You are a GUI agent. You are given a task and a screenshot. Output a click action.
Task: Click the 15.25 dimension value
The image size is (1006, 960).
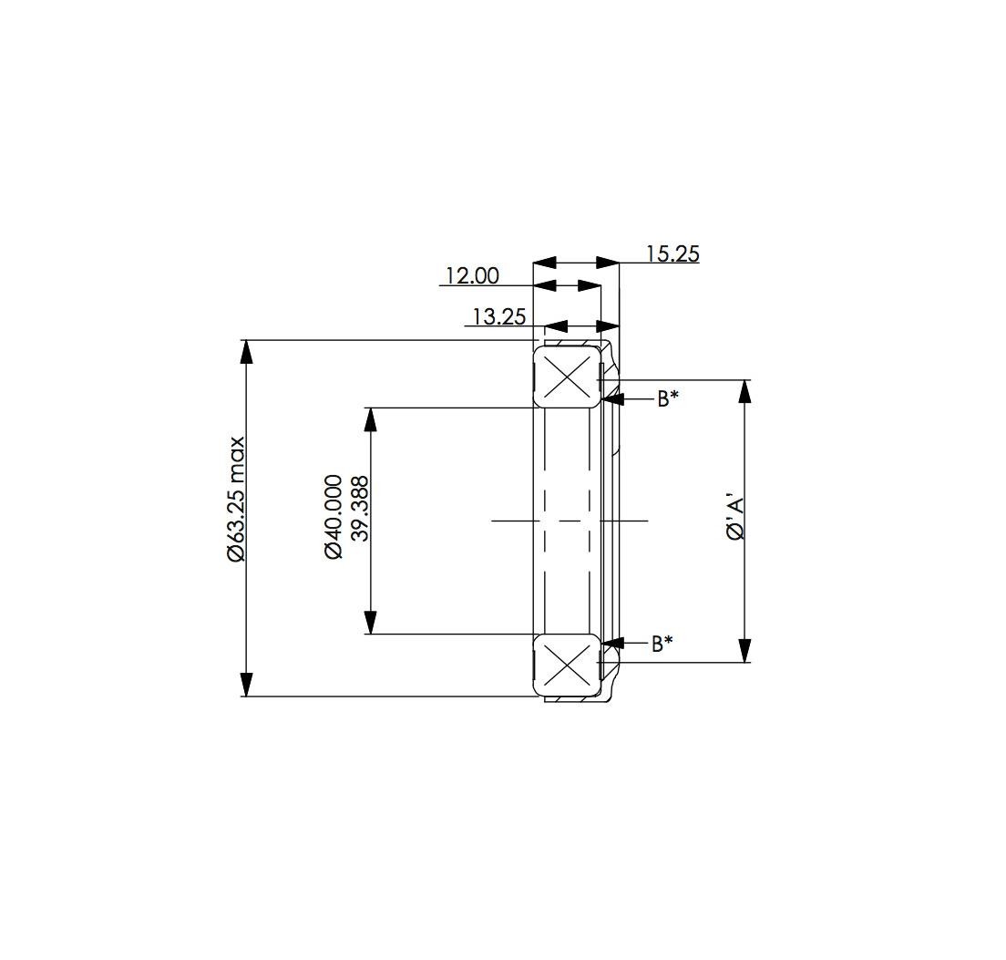pyautogui.click(x=672, y=254)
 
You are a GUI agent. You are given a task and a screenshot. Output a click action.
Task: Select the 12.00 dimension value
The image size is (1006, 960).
pyautogui.click(x=472, y=276)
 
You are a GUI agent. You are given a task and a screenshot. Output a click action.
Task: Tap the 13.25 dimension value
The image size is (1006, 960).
pyautogui.click(x=499, y=317)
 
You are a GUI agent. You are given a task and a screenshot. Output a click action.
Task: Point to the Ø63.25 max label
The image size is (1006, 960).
pyautogui.click(x=235, y=500)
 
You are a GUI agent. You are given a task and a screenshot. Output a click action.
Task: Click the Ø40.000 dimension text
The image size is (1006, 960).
pyautogui.click(x=334, y=517)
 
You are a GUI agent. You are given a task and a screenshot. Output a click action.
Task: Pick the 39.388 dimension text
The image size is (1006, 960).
pyautogui.click(x=361, y=509)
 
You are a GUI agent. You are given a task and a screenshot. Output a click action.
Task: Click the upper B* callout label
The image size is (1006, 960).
pyautogui.click(x=667, y=399)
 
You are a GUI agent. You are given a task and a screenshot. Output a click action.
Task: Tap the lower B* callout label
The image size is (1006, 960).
pyautogui.click(x=662, y=643)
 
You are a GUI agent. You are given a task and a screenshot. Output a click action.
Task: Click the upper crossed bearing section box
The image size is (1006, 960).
pyautogui.click(x=567, y=376)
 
